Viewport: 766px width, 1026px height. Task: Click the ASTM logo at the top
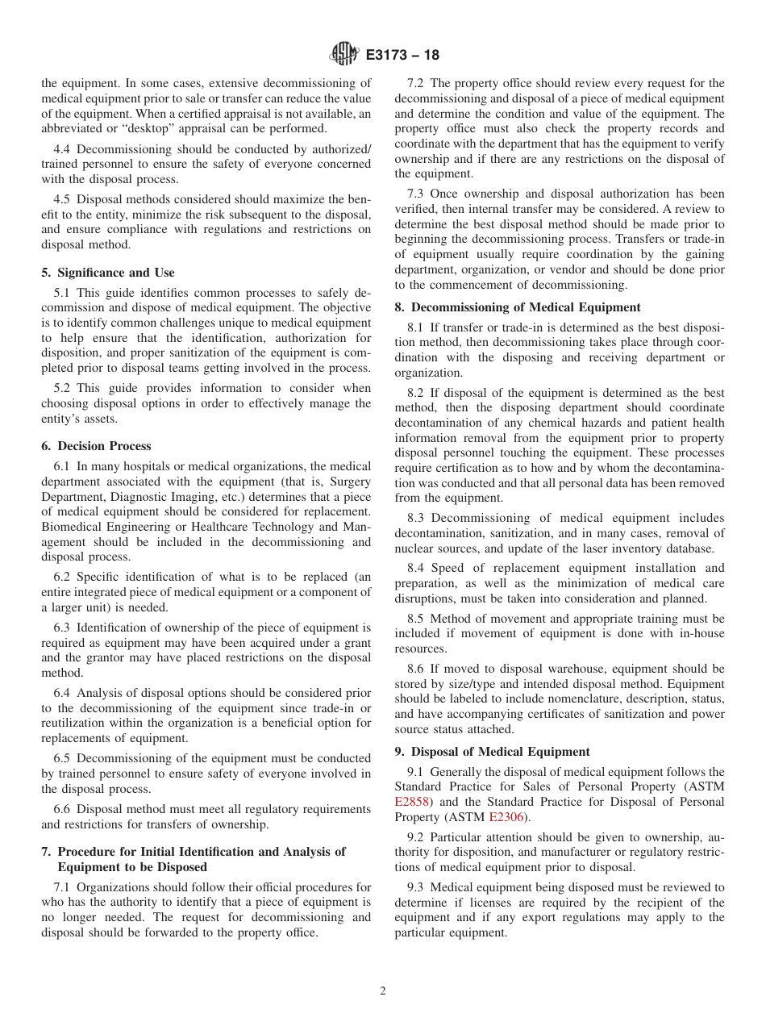click(x=344, y=55)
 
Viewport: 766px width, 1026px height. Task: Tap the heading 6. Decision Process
click(x=96, y=446)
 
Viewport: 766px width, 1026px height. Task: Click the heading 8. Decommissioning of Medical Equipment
click(x=517, y=307)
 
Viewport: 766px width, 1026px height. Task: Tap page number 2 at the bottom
click(x=383, y=991)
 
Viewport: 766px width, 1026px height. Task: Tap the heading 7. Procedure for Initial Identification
click(x=193, y=851)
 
